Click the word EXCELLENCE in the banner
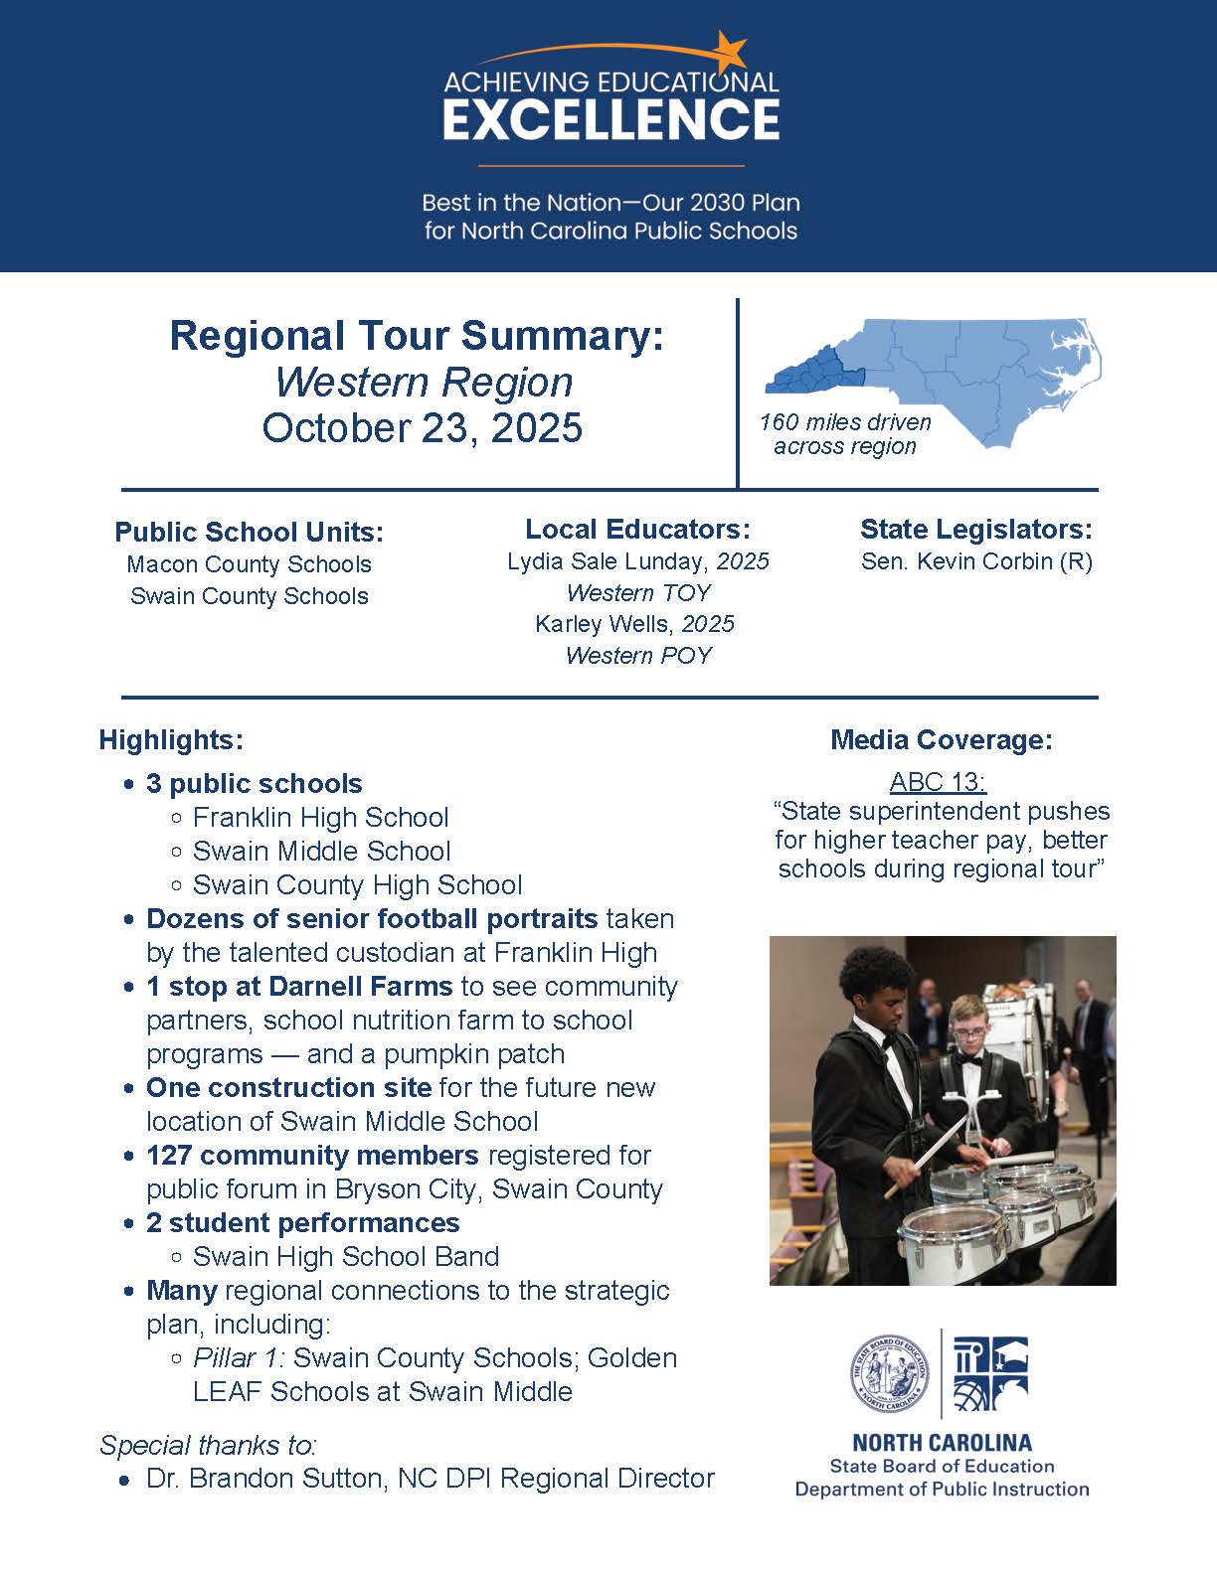click(610, 119)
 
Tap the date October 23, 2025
click(423, 427)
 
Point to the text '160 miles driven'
click(845, 422)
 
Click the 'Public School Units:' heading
click(249, 532)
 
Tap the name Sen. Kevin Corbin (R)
click(976, 561)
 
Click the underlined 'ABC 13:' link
click(938, 782)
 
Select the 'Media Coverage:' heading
click(941, 739)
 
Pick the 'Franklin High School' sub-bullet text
click(320, 818)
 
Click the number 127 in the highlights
click(170, 1156)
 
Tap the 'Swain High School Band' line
click(345, 1257)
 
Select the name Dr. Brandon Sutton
click(263, 1479)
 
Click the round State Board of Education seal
click(889, 1372)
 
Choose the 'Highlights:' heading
click(171, 740)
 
